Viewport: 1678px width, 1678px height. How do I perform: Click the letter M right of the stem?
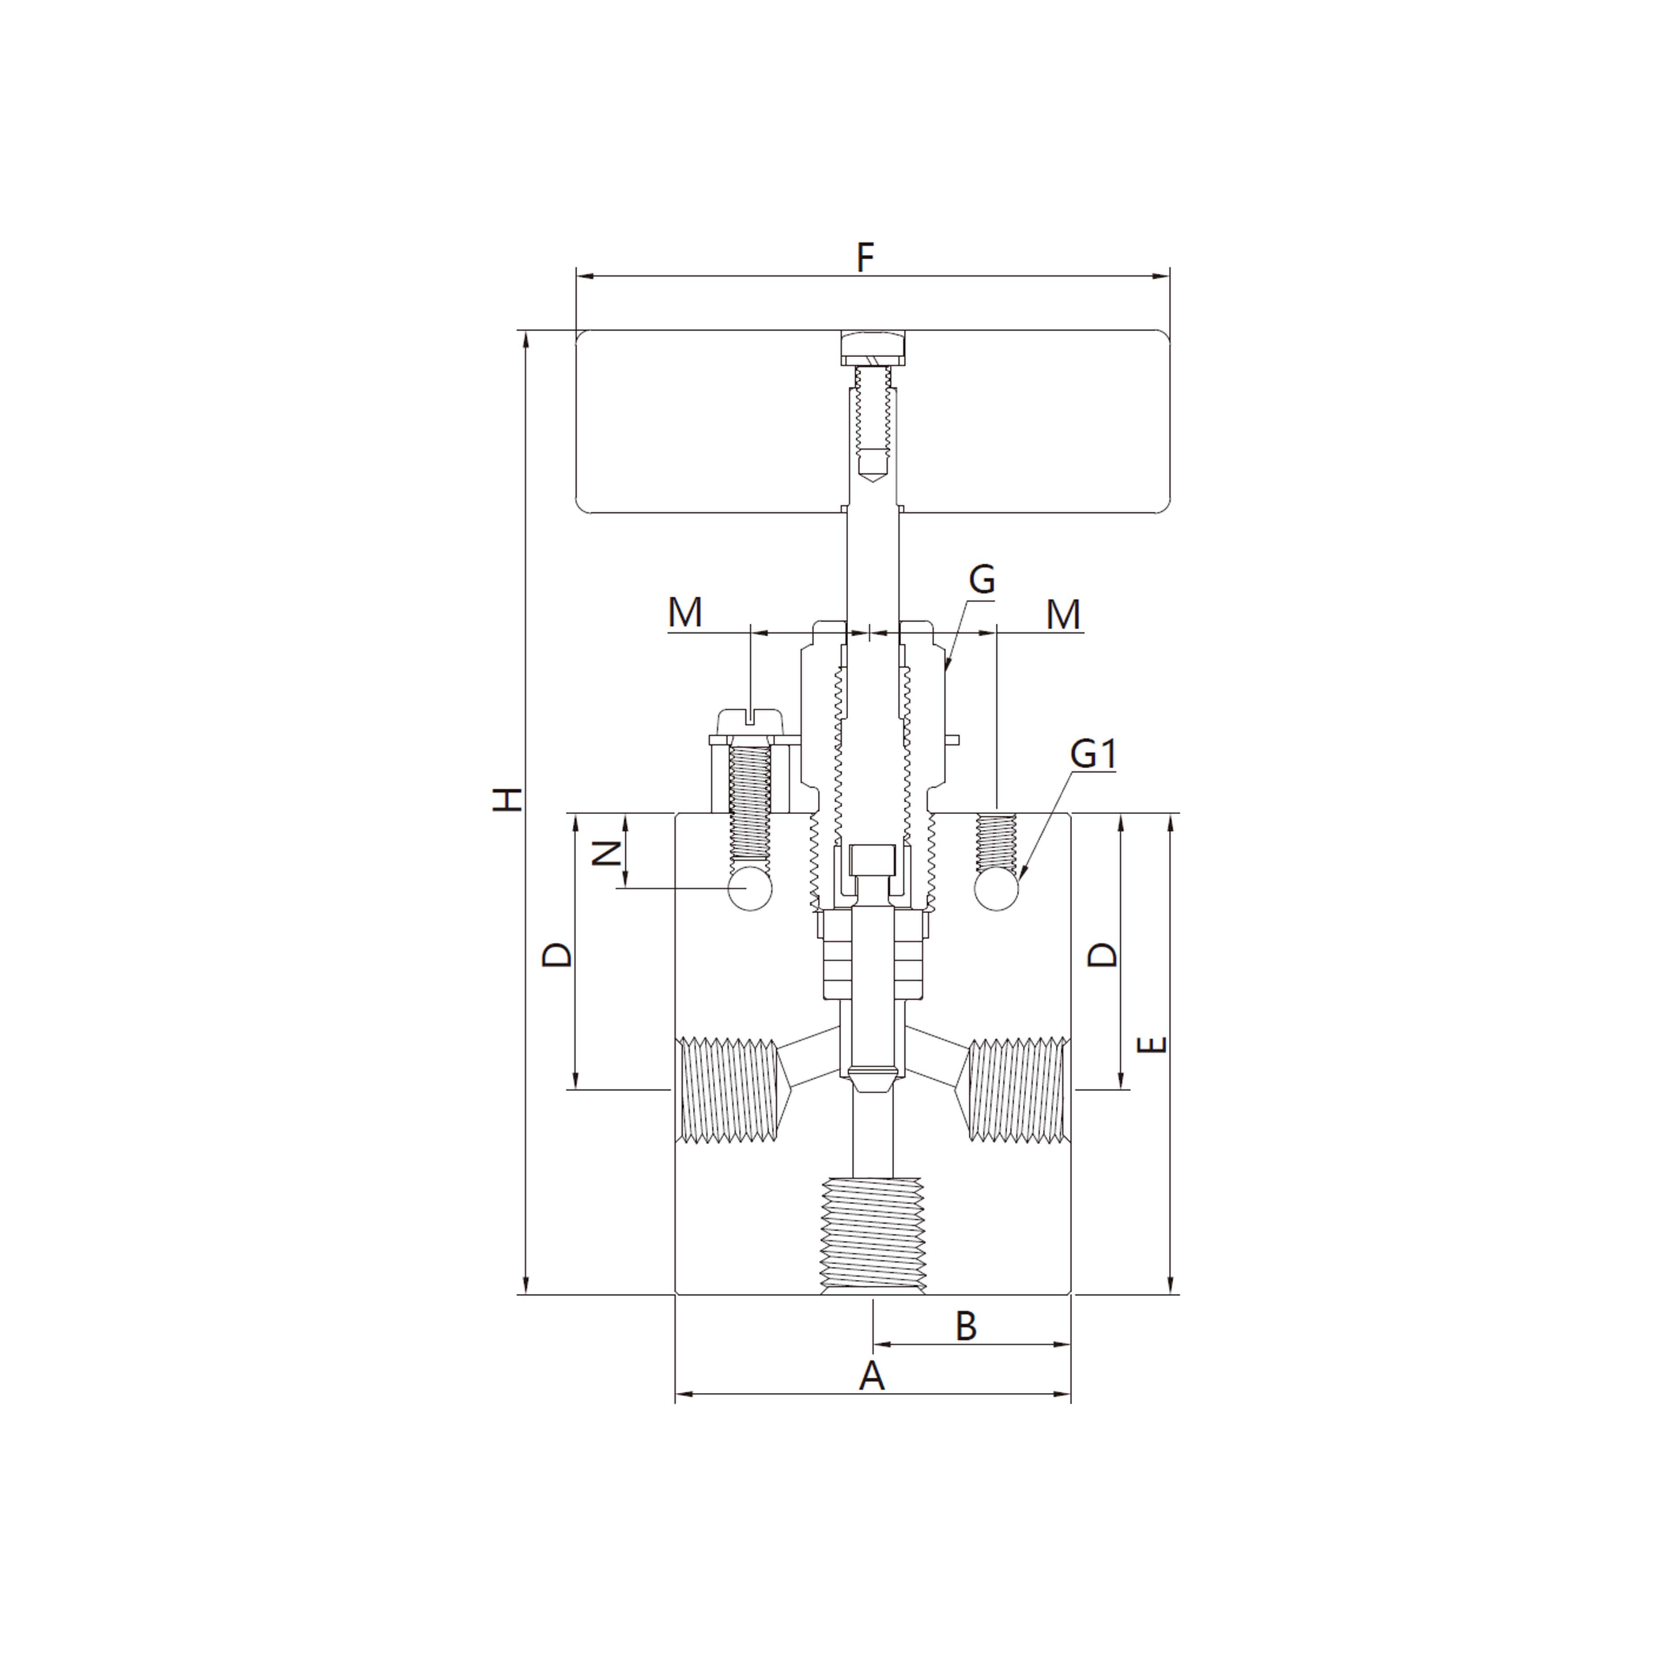point(1063,615)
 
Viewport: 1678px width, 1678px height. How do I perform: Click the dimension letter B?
point(966,1325)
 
